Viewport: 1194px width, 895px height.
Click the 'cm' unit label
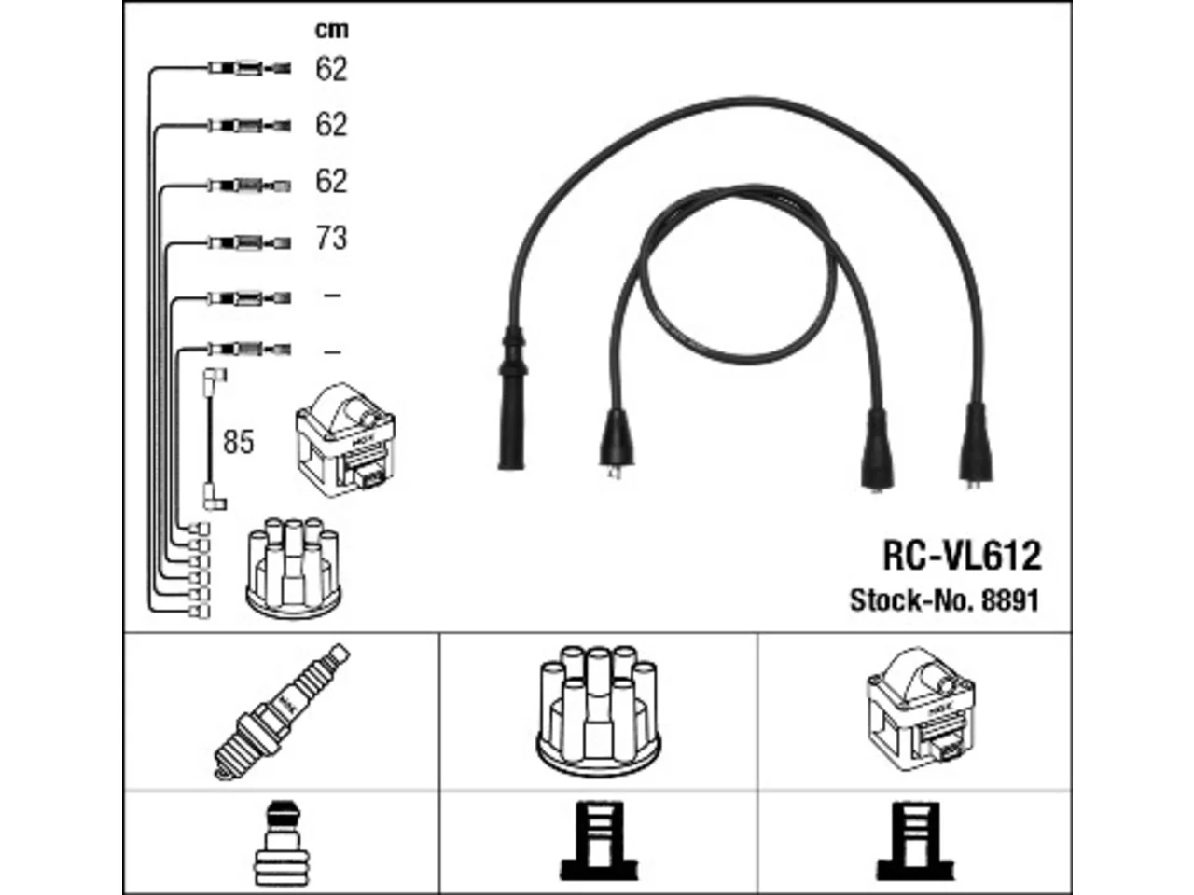click(331, 30)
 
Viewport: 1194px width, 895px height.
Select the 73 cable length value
click(331, 238)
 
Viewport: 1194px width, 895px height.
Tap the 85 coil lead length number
click(238, 441)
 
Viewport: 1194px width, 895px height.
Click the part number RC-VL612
click(962, 556)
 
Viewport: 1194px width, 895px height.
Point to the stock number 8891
click(1010, 601)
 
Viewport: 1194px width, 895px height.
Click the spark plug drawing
click(282, 712)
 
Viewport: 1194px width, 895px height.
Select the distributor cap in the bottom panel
click(598, 710)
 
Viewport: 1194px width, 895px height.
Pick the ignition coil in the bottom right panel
click(921, 709)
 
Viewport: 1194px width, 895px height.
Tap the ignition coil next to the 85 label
click(345, 439)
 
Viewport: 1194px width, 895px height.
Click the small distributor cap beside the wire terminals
click(293, 569)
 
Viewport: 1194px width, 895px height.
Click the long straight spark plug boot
click(512, 398)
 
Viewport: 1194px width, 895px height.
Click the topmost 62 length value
click(331, 69)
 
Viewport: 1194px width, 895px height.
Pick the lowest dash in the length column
click(332, 352)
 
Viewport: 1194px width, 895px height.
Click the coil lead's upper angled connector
click(215, 376)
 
